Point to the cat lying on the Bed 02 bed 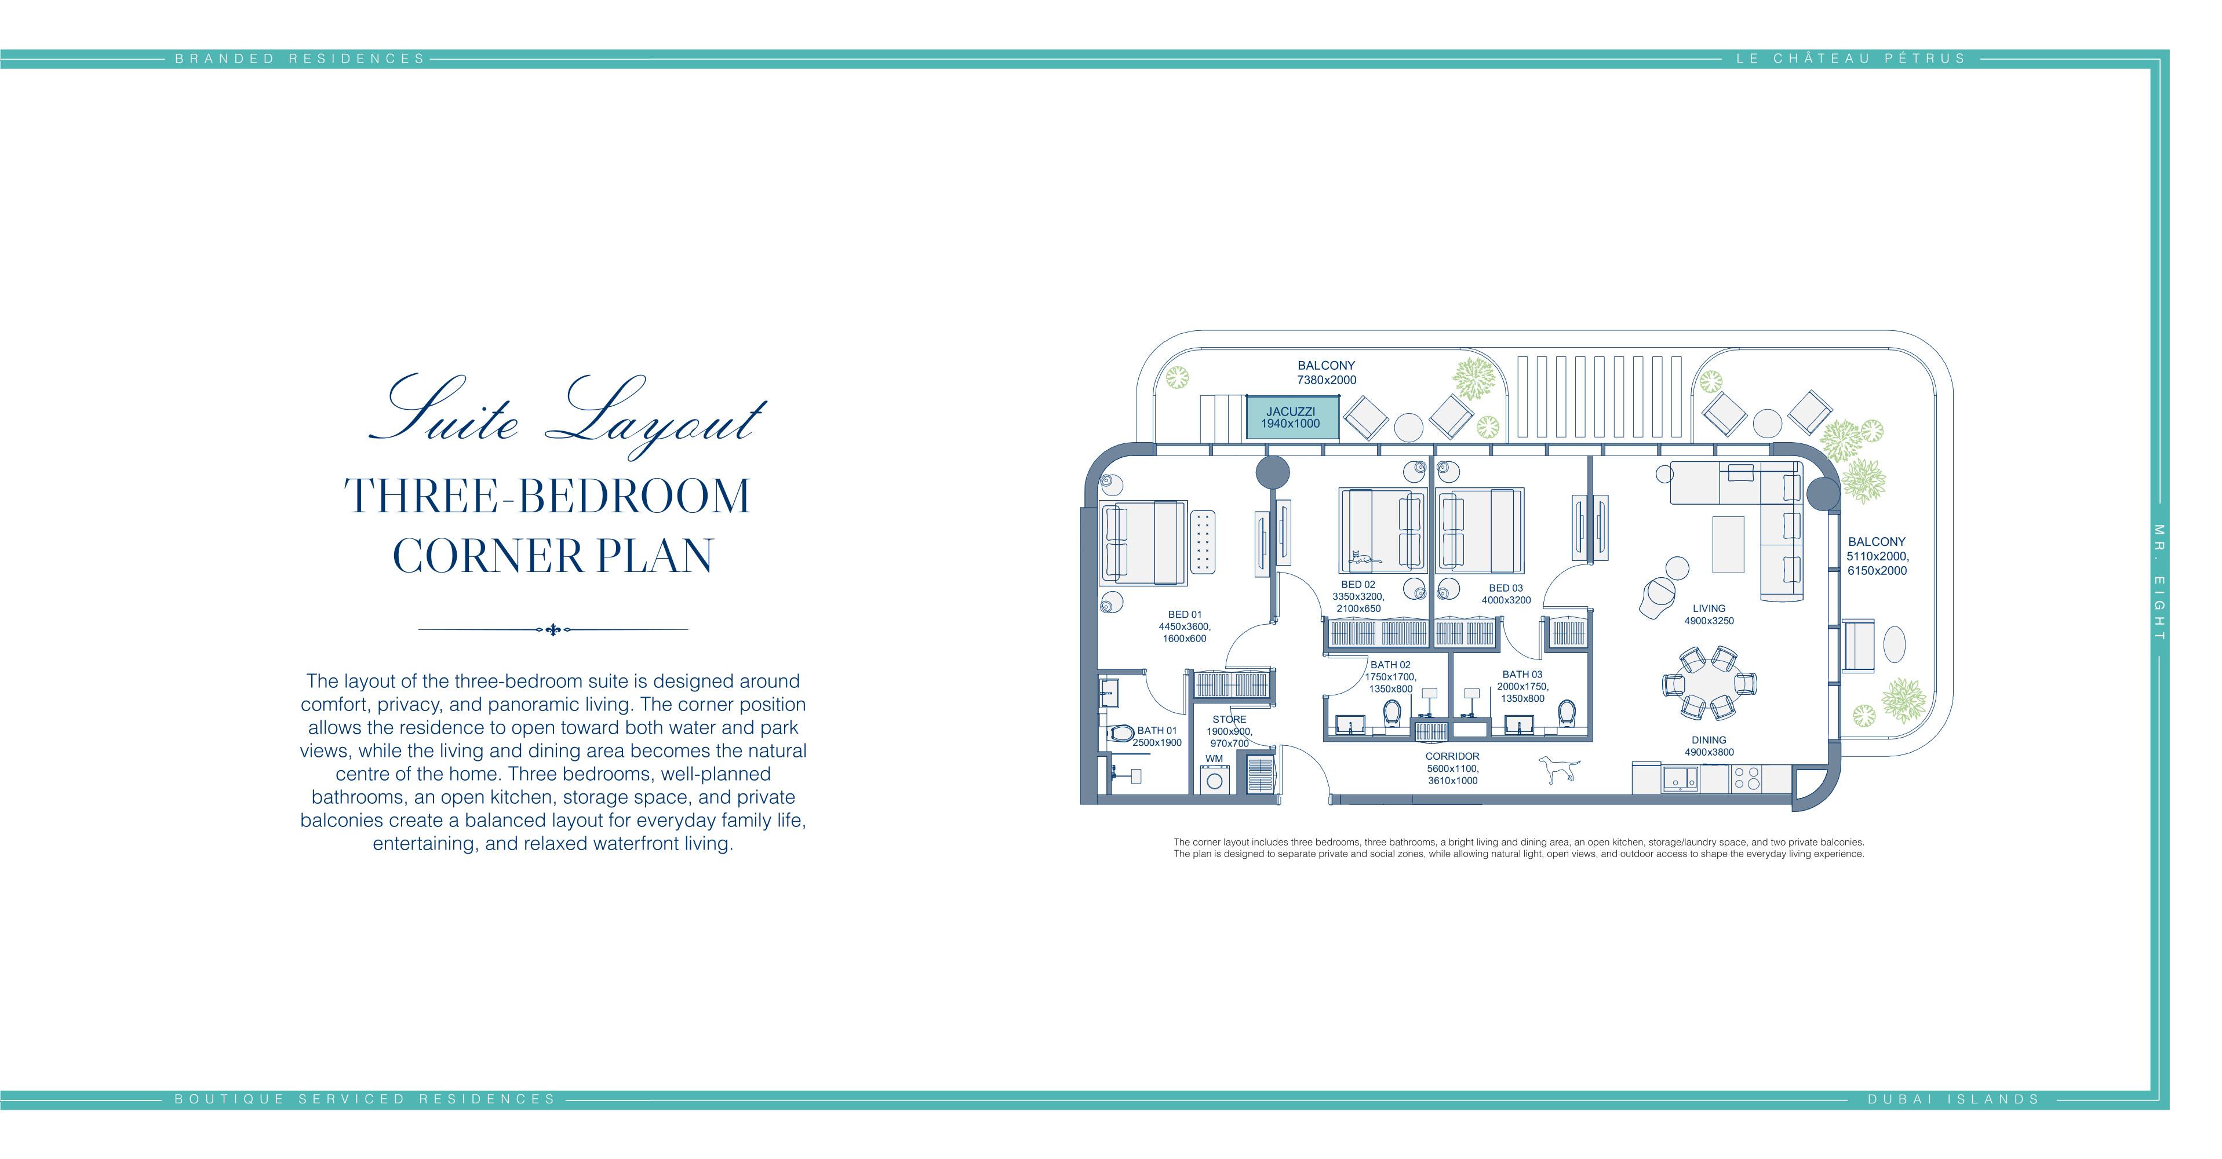pos(1365,559)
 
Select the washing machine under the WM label pos(1215,779)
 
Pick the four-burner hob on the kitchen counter pos(1747,779)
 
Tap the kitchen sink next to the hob pos(1680,779)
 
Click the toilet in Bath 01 pos(1120,733)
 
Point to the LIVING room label pos(1709,608)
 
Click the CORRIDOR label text pos(1452,756)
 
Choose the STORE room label pos(1229,719)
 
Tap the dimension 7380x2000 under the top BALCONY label pos(1327,380)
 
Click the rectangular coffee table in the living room pos(1728,544)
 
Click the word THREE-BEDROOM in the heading pos(548,496)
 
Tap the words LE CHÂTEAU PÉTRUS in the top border pos(1851,59)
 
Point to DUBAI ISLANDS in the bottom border pos(1953,1099)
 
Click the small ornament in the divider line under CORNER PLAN pos(553,629)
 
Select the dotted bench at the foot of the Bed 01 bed pos(1203,542)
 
